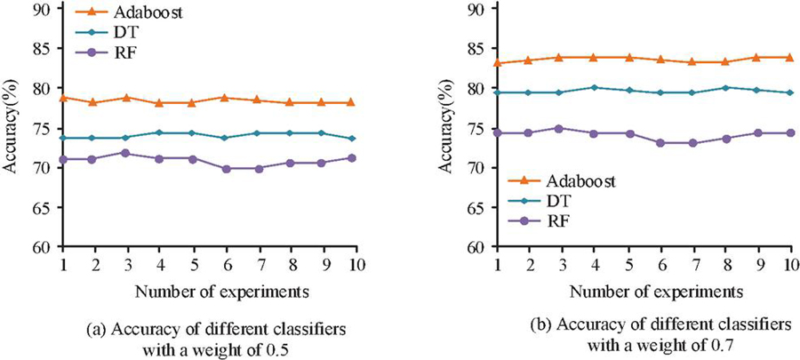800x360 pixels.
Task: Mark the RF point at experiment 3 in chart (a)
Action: (x=127, y=153)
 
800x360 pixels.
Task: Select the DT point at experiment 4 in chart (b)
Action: (x=594, y=87)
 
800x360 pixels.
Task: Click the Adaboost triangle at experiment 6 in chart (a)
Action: (x=224, y=97)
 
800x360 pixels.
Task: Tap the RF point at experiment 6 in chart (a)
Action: (x=224, y=168)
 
